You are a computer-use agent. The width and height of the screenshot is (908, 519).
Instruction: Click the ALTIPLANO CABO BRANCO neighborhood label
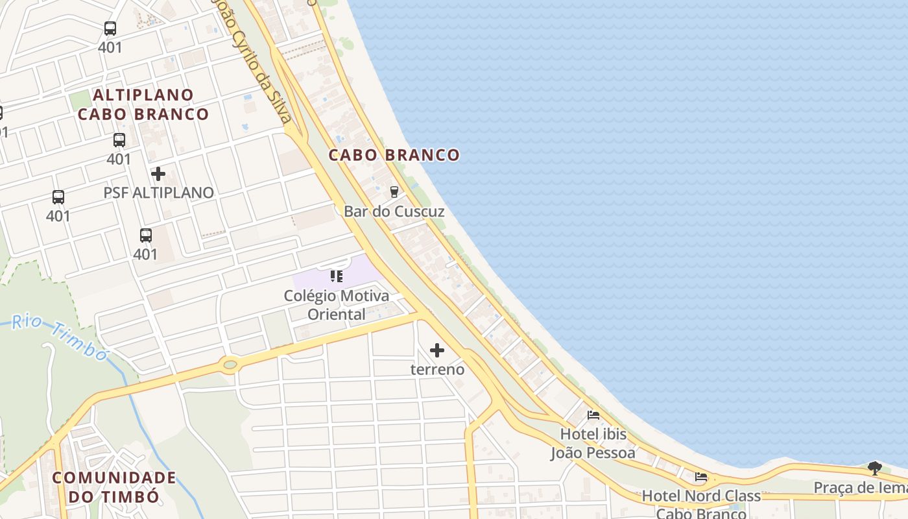[x=143, y=104]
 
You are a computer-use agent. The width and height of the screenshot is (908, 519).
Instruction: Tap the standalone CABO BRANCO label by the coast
[x=394, y=155]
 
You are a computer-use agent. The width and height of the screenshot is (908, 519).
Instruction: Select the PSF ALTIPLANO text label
[x=158, y=193]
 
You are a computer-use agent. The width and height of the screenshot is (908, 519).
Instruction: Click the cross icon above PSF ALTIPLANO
[x=158, y=174]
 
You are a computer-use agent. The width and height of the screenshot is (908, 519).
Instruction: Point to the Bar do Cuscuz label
[x=394, y=211]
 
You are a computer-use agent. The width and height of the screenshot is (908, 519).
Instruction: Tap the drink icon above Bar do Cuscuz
[x=394, y=191]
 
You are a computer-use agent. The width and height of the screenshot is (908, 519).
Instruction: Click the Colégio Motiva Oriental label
[x=337, y=305]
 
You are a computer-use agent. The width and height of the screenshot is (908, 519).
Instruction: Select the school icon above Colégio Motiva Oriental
[x=336, y=276]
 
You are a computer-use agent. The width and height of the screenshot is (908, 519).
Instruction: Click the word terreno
[x=438, y=370]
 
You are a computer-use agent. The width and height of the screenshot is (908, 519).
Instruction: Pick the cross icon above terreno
[x=437, y=350]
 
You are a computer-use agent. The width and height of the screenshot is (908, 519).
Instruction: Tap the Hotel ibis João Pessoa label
[x=593, y=443]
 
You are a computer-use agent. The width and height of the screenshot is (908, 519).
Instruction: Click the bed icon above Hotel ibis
[x=593, y=415]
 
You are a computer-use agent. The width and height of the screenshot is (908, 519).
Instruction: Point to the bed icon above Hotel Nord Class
[x=701, y=477]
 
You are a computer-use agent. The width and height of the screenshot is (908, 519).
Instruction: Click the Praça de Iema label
[x=860, y=488]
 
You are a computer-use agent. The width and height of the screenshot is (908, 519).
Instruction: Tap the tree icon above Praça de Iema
[x=874, y=468]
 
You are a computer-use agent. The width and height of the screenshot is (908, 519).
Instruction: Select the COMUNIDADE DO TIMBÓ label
[x=114, y=487]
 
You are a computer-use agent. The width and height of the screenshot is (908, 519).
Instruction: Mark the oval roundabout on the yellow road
[x=230, y=365]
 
